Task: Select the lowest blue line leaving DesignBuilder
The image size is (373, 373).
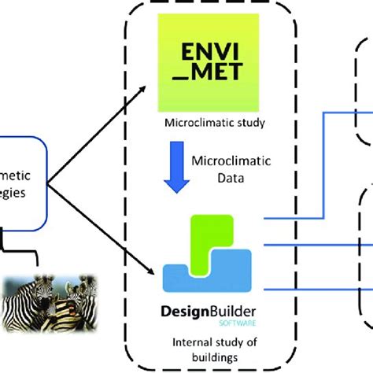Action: coord(307,290)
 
